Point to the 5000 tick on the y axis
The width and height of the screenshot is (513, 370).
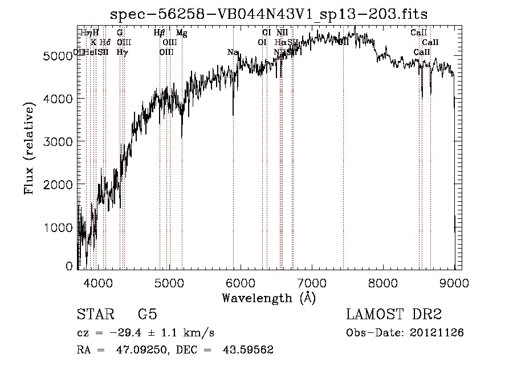pos(58,56)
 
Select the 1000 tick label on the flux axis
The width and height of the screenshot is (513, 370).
pos(58,227)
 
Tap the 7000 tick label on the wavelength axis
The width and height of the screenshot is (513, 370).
pos(312,282)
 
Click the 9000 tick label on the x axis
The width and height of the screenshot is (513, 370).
pos(454,282)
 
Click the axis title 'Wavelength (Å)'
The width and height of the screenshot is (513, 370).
pos(268,298)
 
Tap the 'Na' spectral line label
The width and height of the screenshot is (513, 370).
pos(233,52)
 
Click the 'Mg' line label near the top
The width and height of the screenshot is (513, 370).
pos(181,33)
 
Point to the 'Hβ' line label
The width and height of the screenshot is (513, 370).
pos(160,33)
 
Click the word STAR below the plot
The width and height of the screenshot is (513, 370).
pos(95,315)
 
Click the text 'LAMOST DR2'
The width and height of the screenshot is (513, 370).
pos(393,315)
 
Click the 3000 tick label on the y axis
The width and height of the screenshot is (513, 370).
pos(58,141)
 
